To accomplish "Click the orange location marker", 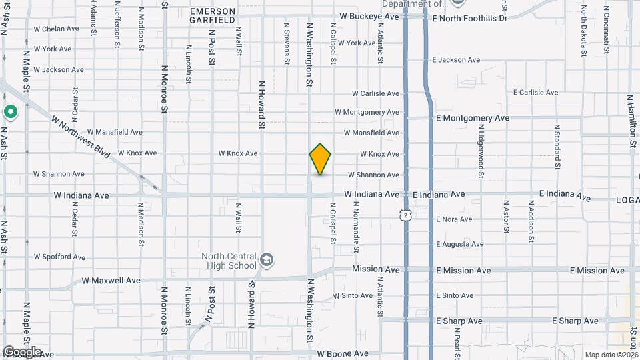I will [321, 159].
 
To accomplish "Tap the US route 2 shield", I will [405, 215].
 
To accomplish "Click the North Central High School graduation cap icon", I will [267, 259].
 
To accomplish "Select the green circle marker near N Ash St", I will [10, 112].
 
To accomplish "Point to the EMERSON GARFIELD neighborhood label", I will [213, 15].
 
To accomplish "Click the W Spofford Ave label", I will [59, 257].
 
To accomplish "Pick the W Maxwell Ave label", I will [111, 281].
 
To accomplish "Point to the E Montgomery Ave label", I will [473, 118].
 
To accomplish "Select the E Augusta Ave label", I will [460, 245].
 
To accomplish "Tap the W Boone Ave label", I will [343, 353].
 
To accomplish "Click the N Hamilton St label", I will [631, 120].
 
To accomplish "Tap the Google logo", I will [21, 352].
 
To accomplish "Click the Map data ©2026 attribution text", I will [611, 355].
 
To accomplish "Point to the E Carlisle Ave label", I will [535, 93].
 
